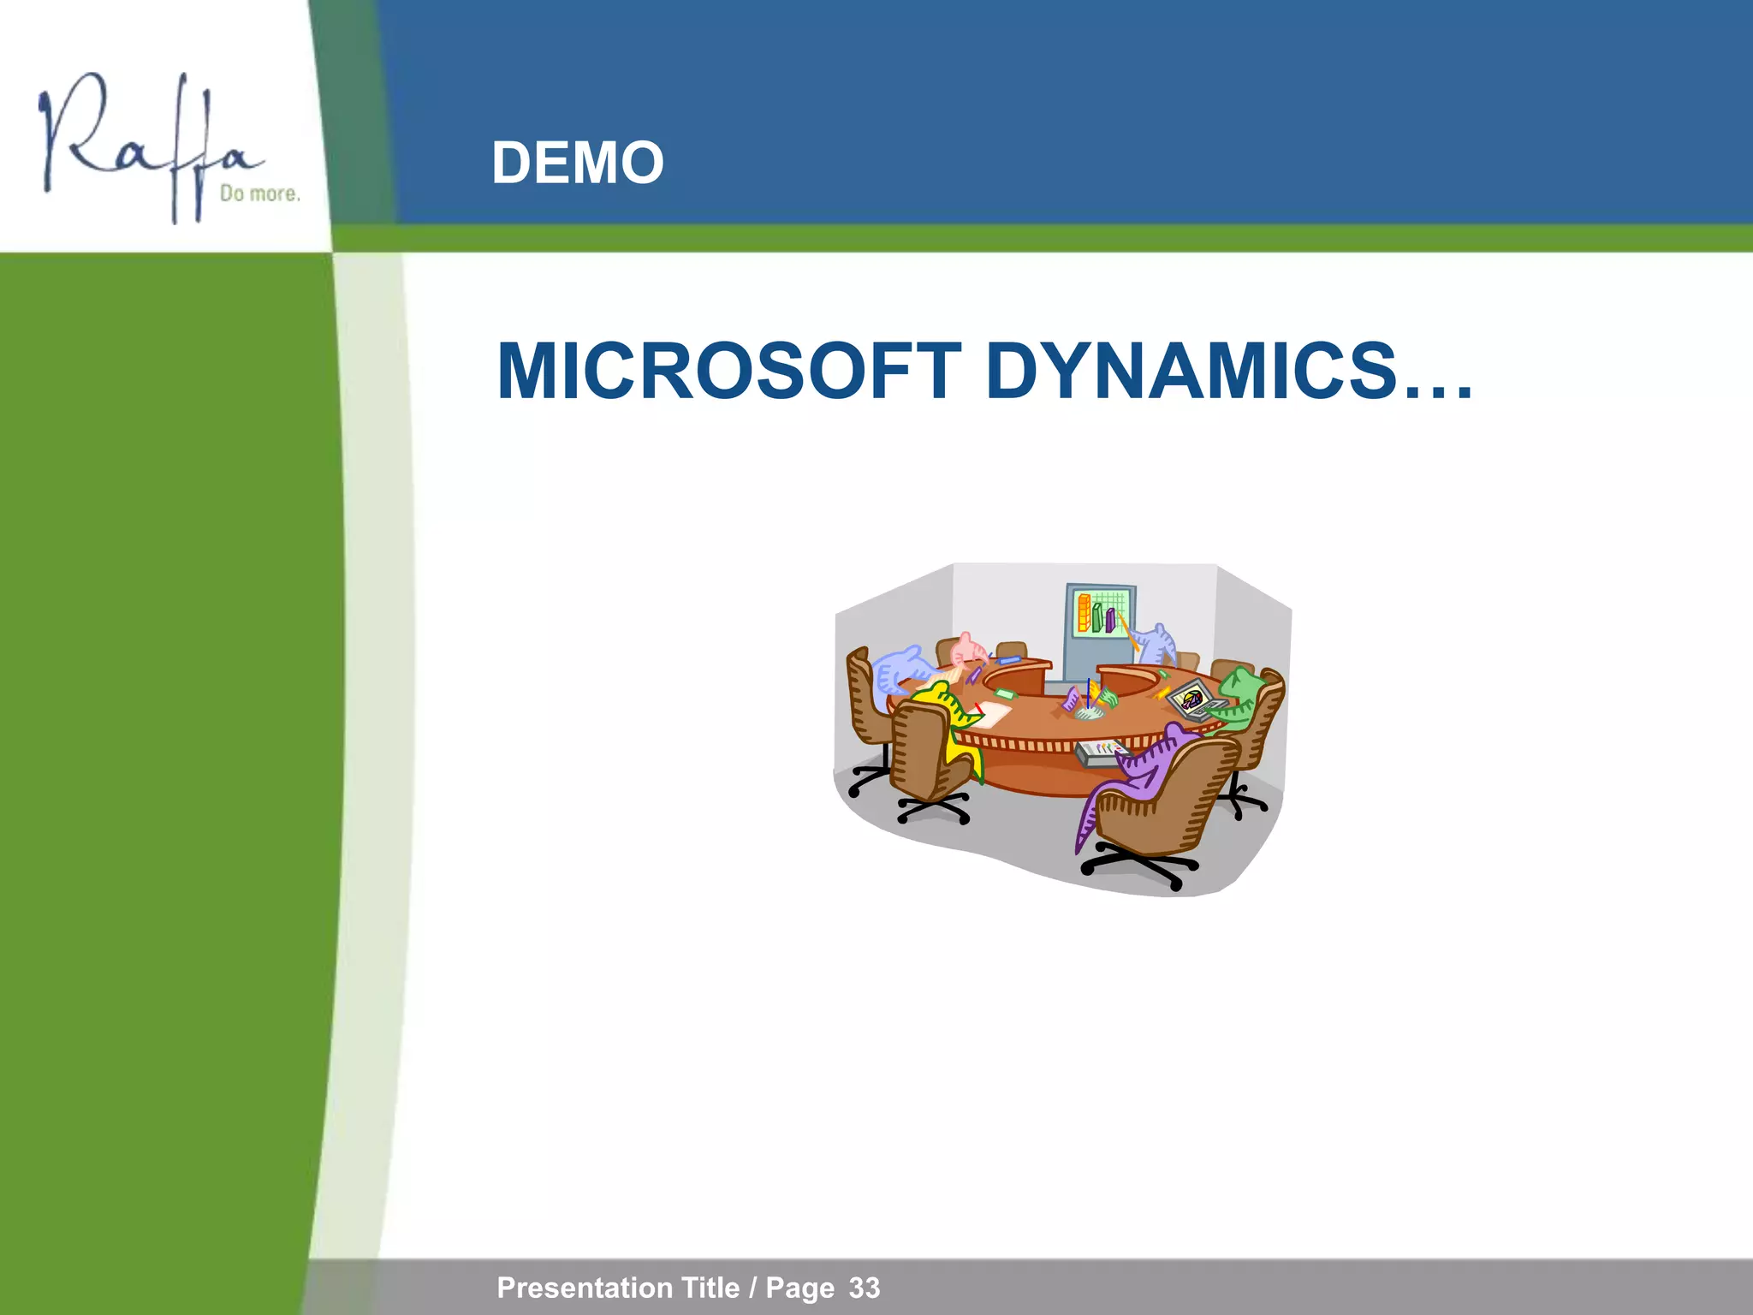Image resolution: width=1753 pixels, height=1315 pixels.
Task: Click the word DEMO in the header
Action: pyautogui.click(x=578, y=163)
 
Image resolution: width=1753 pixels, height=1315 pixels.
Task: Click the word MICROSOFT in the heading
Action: pyautogui.click(x=728, y=372)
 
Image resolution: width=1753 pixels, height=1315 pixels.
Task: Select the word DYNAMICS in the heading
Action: pyautogui.click(x=1190, y=372)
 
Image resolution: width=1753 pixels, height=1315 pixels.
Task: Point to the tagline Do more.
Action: pyautogui.click(x=259, y=193)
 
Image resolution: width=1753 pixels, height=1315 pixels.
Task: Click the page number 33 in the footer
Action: pyautogui.click(x=865, y=1288)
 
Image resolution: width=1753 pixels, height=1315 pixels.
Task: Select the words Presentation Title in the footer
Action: pyautogui.click(x=618, y=1288)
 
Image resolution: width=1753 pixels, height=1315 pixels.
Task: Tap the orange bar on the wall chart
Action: pyautogui.click(x=1084, y=613)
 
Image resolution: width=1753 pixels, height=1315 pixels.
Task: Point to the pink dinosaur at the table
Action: pyautogui.click(x=967, y=652)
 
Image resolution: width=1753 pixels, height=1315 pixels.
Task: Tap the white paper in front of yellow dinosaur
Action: pyautogui.click(x=993, y=711)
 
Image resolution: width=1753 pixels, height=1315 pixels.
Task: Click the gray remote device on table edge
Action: pyautogui.click(x=1099, y=751)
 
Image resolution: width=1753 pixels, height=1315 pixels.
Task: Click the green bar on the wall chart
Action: pyautogui.click(x=1096, y=617)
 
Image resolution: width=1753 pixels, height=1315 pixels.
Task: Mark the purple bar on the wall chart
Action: pyautogui.click(x=1110, y=620)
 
